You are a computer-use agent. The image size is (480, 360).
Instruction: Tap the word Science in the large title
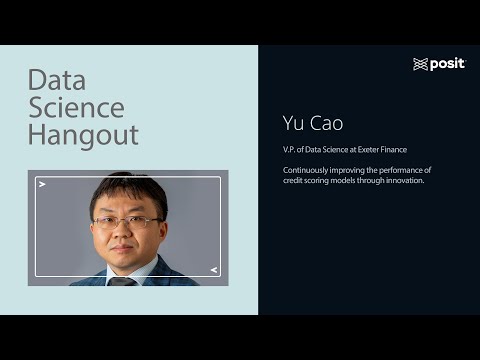[x=76, y=108]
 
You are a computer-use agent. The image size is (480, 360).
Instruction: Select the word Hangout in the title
[x=83, y=135]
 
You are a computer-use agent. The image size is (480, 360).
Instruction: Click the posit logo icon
[x=420, y=64]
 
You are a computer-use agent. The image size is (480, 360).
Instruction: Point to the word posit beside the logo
[x=447, y=64]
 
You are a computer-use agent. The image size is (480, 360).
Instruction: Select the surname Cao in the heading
[x=325, y=124]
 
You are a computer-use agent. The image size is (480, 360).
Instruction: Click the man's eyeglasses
[x=127, y=220]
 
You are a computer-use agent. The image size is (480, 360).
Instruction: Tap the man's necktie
[x=122, y=280]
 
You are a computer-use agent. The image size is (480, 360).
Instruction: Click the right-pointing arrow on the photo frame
[x=42, y=185]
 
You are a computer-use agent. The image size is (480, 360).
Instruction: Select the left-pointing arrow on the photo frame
[x=213, y=269]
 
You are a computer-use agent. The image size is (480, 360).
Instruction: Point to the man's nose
[x=127, y=233]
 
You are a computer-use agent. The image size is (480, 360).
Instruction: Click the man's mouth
[x=127, y=247]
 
